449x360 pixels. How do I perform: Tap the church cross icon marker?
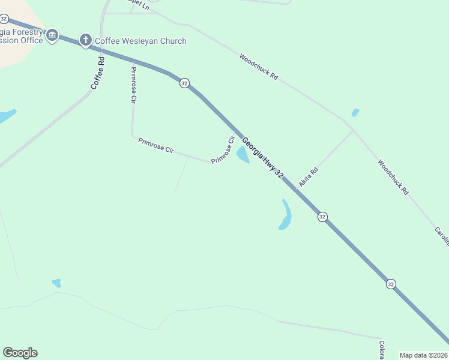click(85, 41)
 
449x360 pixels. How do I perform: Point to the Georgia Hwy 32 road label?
click(262, 158)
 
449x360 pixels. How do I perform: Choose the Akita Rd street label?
click(309, 176)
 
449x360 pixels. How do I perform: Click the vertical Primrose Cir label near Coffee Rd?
click(133, 85)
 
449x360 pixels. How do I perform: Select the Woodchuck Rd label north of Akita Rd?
click(259, 68)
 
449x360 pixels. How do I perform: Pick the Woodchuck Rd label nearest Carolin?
click(393, 177)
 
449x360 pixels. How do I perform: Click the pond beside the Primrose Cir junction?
click(243, 155)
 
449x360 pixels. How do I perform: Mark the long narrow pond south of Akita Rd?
click(286, 215)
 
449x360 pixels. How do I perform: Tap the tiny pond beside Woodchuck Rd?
click(355, 112)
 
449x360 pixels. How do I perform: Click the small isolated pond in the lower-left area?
click(57, 283)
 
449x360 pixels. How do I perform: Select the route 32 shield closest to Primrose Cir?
click(184, 83)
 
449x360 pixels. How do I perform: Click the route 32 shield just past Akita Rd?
click(322, 217)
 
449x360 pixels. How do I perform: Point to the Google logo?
click(20, 353)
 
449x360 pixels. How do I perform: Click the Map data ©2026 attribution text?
click(423, 355)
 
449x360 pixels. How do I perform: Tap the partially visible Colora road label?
click(381, 350)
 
